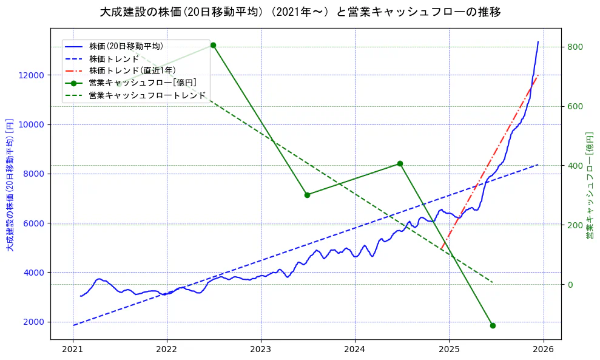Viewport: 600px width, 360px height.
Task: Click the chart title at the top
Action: [x=300, y=12]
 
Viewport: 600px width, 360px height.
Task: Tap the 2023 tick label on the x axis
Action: [x=260, y=349]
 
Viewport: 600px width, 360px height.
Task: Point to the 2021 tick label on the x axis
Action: [x=73, y=349]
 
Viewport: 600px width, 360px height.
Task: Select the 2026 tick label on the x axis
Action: [x=543, y=349]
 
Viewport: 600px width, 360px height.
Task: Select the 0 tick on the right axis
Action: [x=570, y=285]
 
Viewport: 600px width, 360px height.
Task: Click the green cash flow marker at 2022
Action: [x=213, y=45]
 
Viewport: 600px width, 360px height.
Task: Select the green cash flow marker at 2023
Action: [x=307, y=195]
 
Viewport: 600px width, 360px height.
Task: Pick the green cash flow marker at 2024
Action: [x=400, y=163]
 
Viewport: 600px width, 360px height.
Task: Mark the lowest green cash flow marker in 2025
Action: [x=493, y=325]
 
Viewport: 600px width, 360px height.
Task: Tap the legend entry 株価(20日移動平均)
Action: [x=126, y=46]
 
